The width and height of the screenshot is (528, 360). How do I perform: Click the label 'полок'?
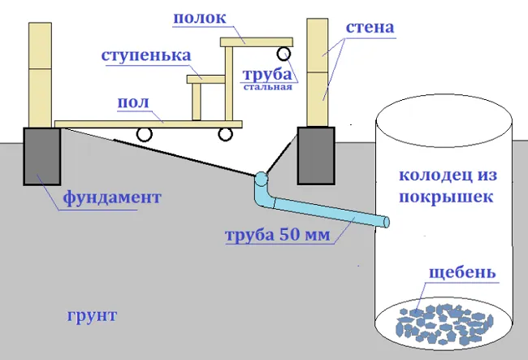(x=199, y=19)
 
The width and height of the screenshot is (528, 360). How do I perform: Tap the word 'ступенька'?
(x=146, y=55)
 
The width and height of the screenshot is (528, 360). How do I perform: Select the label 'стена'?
(x=370, y=28)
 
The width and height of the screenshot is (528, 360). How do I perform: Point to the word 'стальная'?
(x=268, y=87)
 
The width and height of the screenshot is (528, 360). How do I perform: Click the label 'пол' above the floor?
(x=133, y=102)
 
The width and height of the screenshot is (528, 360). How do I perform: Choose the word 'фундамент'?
(x=112, y=197)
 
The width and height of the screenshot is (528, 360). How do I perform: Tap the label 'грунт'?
(x=92, y=316)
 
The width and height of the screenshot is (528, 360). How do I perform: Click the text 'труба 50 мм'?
(x=278, y=235)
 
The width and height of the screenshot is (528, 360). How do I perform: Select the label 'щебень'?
(x=462, y=273)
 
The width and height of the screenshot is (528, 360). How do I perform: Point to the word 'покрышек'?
(x=446, y=197)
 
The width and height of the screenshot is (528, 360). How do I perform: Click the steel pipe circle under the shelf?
(x=283, y=54)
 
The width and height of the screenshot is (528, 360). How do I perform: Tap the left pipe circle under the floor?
(x=144, y=134)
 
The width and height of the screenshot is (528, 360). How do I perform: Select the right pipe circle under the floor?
(x=225, y=134)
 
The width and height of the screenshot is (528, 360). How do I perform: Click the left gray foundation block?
(x=42, y=156)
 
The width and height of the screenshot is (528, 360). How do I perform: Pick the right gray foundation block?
(x=316, y=155)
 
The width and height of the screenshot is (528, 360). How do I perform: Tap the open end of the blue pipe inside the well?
(x=387, y=222)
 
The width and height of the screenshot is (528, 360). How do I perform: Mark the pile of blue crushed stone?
(x=444, y=324)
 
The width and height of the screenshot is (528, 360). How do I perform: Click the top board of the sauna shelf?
(x=257, y=42)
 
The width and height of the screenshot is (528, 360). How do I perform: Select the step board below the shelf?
(x=206, y=80)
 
